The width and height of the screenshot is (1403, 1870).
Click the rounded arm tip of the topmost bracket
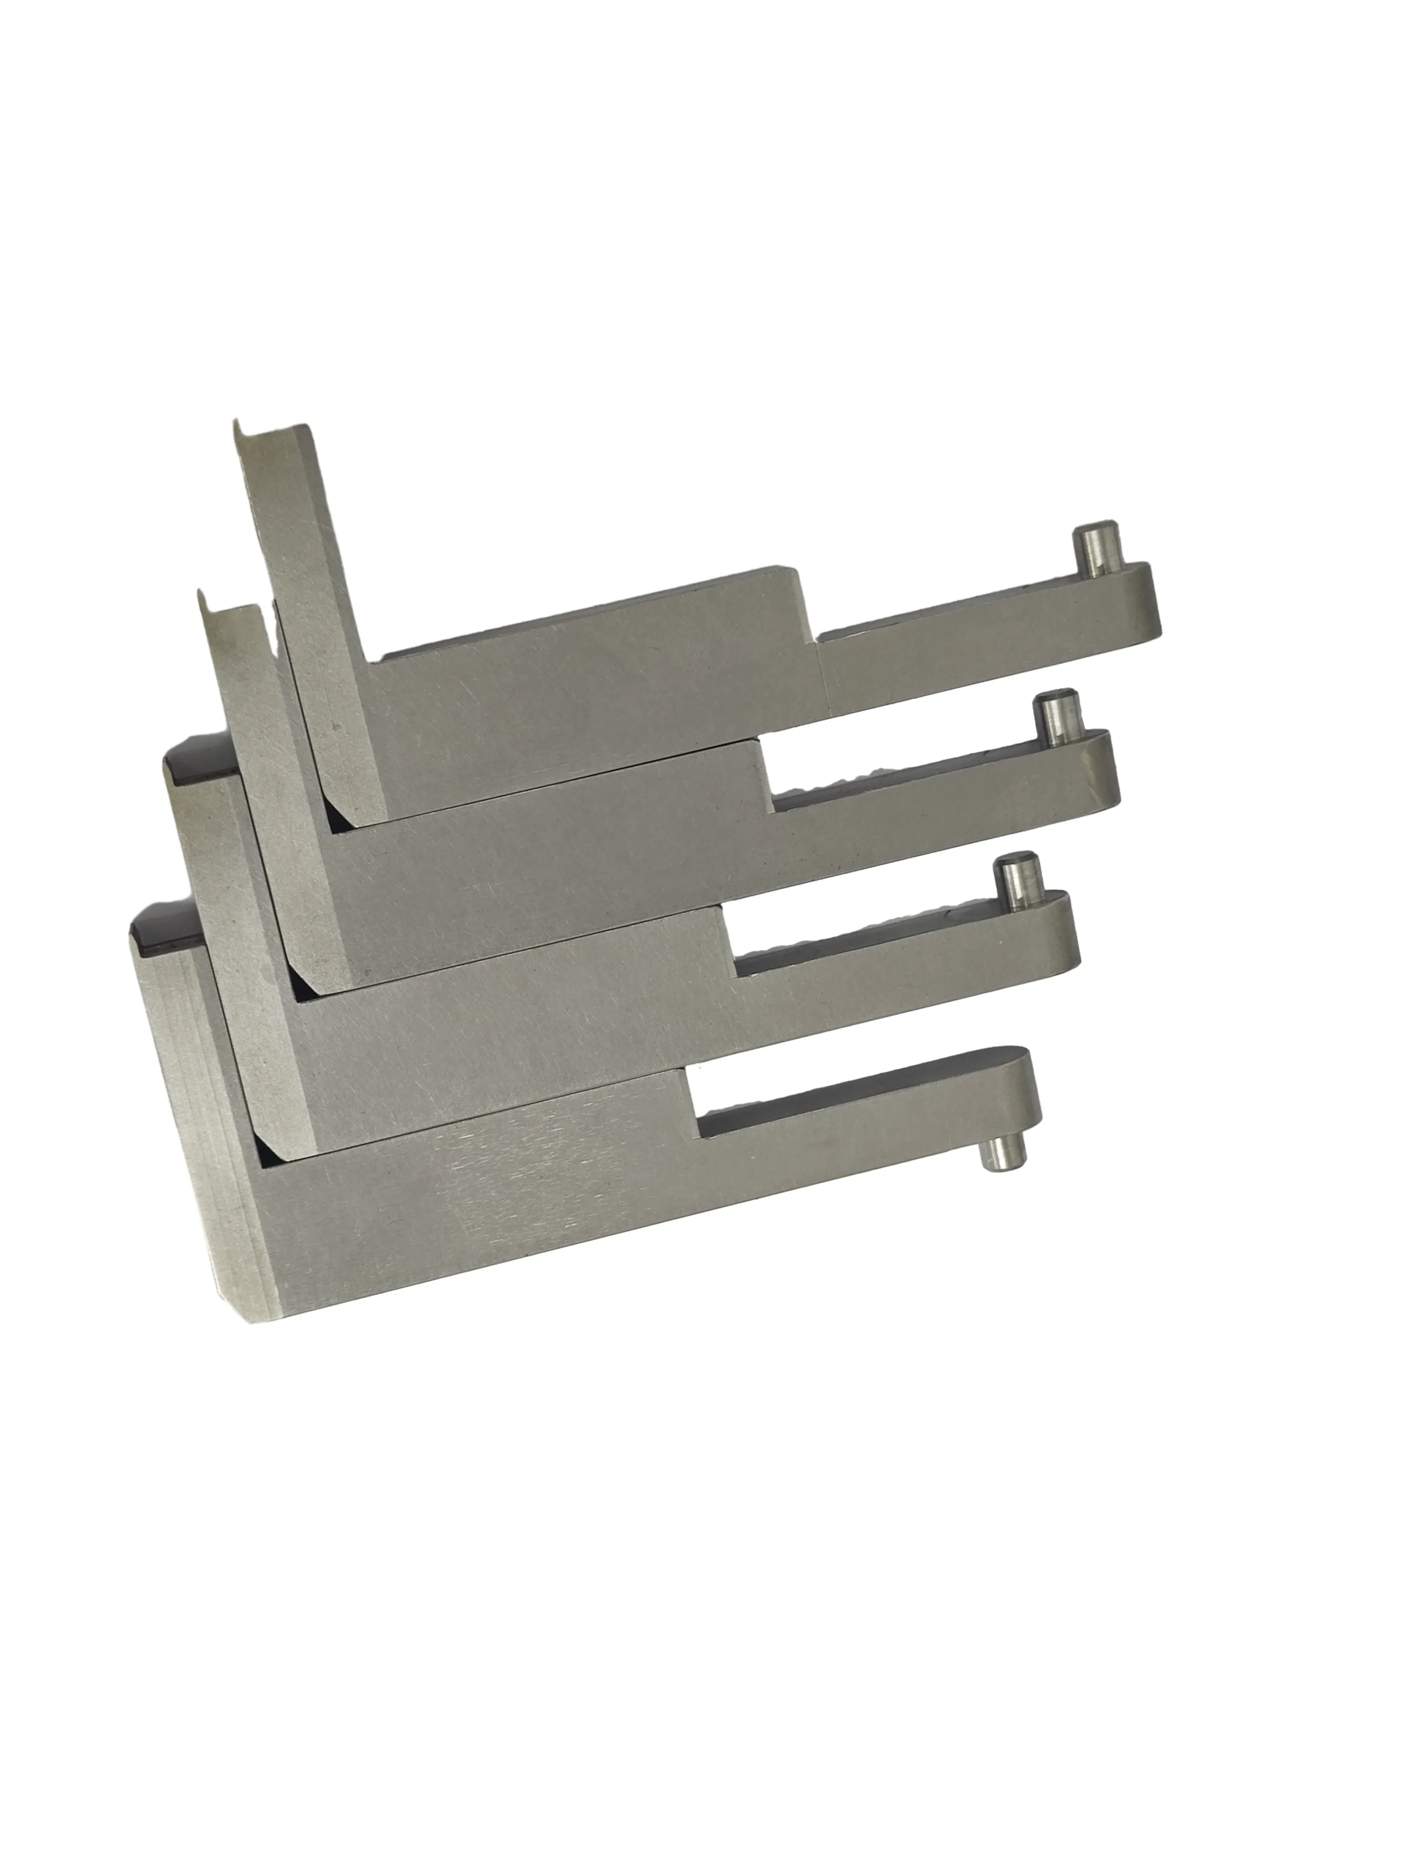click(x=1142, y=600)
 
